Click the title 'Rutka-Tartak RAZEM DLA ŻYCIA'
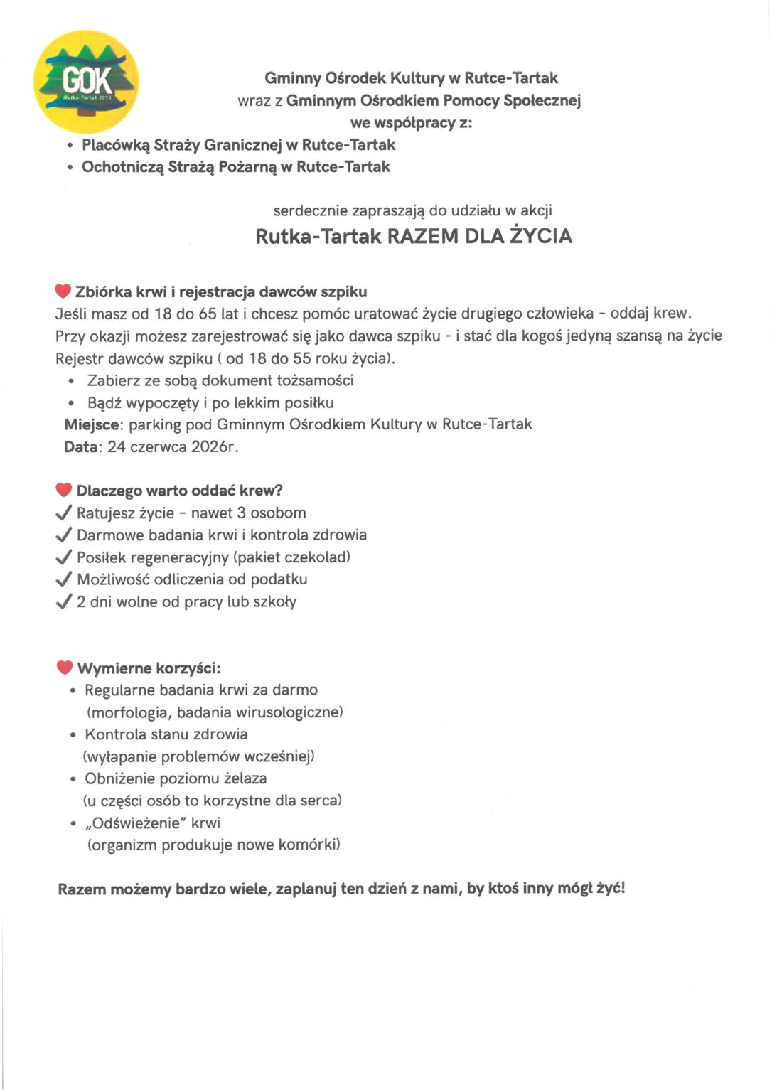pos(414,236)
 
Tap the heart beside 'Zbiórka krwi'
pos(63,291)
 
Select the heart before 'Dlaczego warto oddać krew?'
pos(64,490)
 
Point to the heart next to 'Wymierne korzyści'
pos(65,668)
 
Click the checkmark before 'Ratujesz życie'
pos(64,513)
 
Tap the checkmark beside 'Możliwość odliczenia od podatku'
pos(64,579)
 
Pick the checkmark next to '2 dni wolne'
pos(64,602)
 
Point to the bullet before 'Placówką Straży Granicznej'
pos(70,146)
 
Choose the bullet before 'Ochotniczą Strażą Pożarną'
pos(70,168)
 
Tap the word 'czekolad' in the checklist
pos(318,557)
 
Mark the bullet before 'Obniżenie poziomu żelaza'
pos(73,779)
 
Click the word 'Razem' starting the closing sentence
pos(82,889)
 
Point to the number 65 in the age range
pos(208,314)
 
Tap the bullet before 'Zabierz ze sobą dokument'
pos(71,382)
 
